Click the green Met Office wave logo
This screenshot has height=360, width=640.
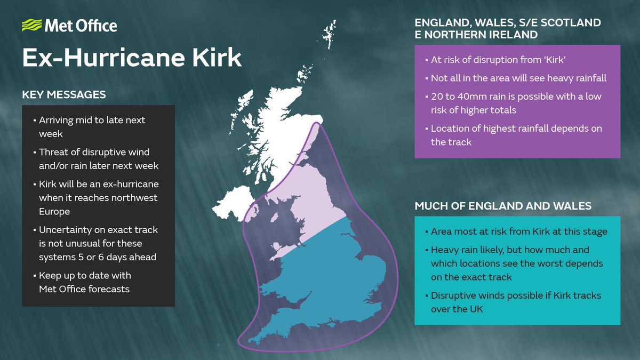pyautogui.click(x=30, y=26)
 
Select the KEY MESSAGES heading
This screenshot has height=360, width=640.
pyautogui.click(x=63, y=95)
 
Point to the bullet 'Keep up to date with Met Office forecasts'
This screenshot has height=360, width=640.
pyautogui.click(x=85, y=282)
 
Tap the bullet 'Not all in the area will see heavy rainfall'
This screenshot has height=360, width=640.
pyautogui.click(x=518, y=78)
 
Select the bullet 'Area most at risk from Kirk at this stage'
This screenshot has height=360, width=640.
pyautogui.click(x=519, y=231)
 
